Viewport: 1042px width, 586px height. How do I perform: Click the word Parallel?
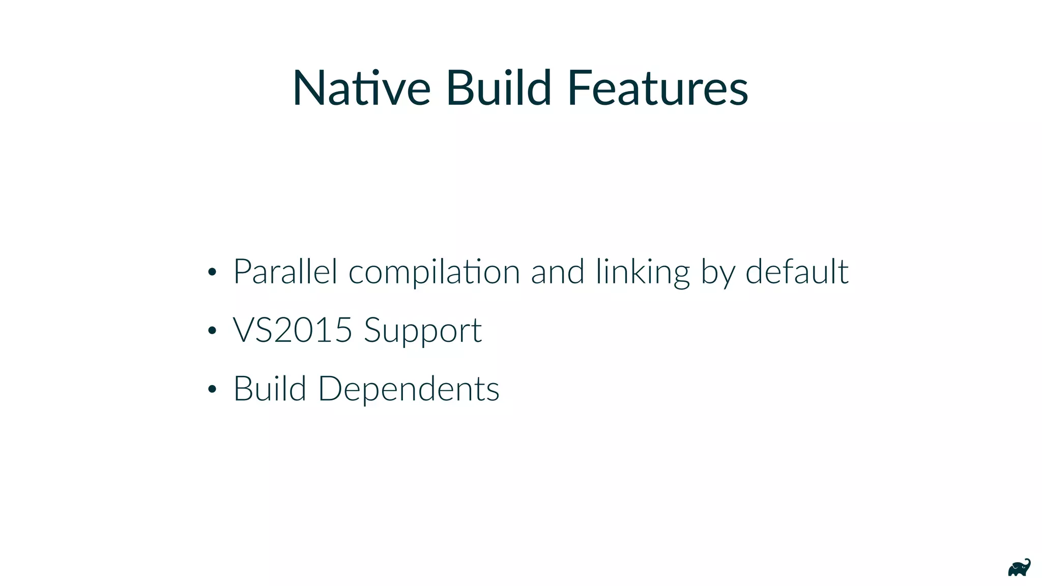coord(285,272)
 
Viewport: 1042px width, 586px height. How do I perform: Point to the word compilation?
coord(434,273)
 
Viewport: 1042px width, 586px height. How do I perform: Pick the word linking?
coord(643,273)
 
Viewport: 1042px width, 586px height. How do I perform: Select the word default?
coord(797,272)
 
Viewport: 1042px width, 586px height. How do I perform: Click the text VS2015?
coord(293,330)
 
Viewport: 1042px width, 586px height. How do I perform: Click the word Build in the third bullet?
coord(270,389)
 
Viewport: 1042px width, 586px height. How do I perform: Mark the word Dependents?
coord(409,390)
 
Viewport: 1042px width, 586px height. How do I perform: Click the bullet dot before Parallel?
coord(212,273)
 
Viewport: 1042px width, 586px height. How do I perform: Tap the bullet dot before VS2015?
coord(212,331)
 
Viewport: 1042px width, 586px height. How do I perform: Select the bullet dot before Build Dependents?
coord(212,390)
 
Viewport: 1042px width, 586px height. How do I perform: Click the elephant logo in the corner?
coord(1019,568)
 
